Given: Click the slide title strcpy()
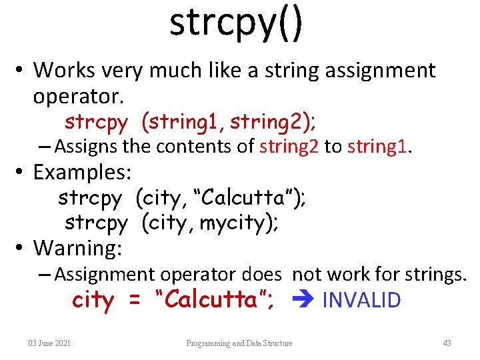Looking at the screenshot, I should pos(236,23).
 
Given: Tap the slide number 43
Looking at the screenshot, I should pos(447,343).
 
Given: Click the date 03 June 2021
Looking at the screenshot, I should pos(50,343).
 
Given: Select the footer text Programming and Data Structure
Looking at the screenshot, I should pos(239,343).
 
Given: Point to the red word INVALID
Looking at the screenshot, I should pos(361,300).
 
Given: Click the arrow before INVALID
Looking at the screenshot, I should pos(305,300).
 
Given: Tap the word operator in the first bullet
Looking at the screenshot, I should pos(78,97).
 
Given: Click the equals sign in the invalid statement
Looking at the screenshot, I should pos(135,300).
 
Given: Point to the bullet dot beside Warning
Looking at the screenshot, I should pos(21,248).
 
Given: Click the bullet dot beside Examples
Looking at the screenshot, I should pos(21,172).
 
